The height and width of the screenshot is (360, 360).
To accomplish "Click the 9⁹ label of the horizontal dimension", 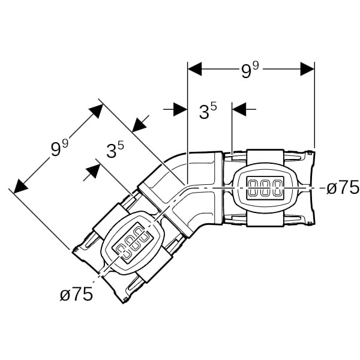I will point(250,70).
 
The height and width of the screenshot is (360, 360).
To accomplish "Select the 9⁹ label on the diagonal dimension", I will point(59,147).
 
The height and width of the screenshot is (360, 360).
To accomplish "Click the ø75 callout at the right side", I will point(343,187).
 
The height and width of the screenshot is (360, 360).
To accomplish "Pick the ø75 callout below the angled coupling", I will point(76,294).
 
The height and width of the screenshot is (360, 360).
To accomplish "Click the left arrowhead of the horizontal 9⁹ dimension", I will point(195,68).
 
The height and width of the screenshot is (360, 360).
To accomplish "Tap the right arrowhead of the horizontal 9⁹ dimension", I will point(307,68).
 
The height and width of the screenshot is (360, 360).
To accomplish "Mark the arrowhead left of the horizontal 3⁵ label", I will point(179,109).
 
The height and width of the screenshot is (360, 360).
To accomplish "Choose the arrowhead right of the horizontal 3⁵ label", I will point(239,109).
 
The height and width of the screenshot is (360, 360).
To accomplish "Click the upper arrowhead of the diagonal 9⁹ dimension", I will point(96,110).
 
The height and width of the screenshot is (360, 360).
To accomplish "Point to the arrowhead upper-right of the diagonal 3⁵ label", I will point(139,124).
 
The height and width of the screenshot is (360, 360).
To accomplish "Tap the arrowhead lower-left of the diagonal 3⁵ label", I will point(92,171).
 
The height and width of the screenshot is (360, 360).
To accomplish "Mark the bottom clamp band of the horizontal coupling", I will point(265,219).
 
